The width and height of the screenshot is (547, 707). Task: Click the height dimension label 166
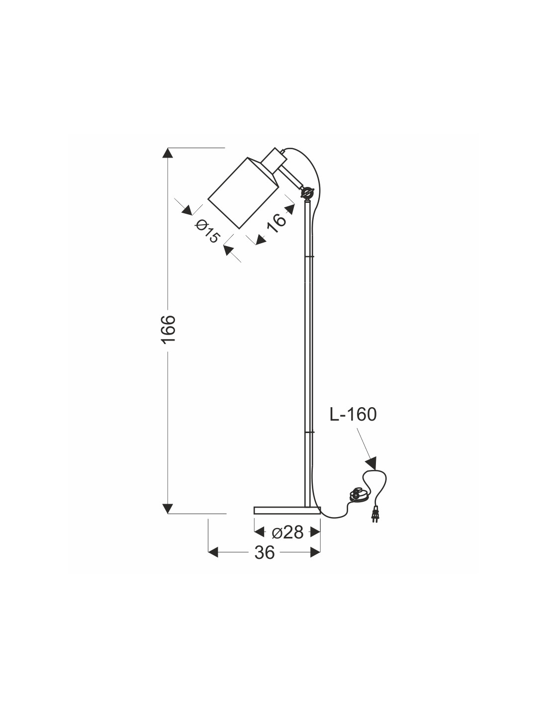pos(168,329)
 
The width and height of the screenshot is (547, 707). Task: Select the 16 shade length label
pos(276,222)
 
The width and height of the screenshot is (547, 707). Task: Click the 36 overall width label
pos(264,552)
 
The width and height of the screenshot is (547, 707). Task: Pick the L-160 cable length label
pos(353,414)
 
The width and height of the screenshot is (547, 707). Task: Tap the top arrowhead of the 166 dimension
pos(168,153)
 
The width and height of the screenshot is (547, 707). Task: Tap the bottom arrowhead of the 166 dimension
pos(168,508)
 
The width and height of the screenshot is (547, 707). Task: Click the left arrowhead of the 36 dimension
pos(213,552)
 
